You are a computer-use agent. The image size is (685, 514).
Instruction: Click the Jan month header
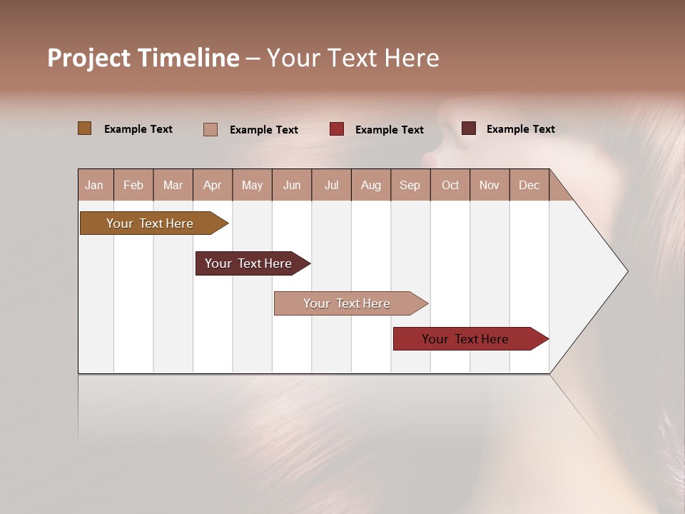(x=95, y=185)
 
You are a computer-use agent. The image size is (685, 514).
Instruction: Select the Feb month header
(x=133, y=185)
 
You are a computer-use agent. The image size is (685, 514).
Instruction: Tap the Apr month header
(x=213, y=185)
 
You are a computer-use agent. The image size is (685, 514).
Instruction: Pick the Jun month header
(x=292, y=185)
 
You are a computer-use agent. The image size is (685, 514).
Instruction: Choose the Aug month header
(x=371, y=185)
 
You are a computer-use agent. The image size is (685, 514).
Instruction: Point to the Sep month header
(x=410, y=185)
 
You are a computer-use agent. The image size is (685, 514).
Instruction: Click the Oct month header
(x=450, y=185)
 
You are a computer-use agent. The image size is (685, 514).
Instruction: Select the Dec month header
(x=529, y=185)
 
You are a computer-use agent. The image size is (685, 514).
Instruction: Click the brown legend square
(x=84, y=128)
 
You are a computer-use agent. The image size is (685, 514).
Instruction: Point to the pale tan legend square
(x=210, y=129)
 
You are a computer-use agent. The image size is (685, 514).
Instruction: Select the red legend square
(x=337, y=129)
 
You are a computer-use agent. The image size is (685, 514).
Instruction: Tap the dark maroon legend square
(x=469, y=128)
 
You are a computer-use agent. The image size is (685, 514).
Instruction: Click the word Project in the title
(x=88, y=58)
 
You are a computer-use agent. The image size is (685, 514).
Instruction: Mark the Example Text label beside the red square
(x=390, y=130)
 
